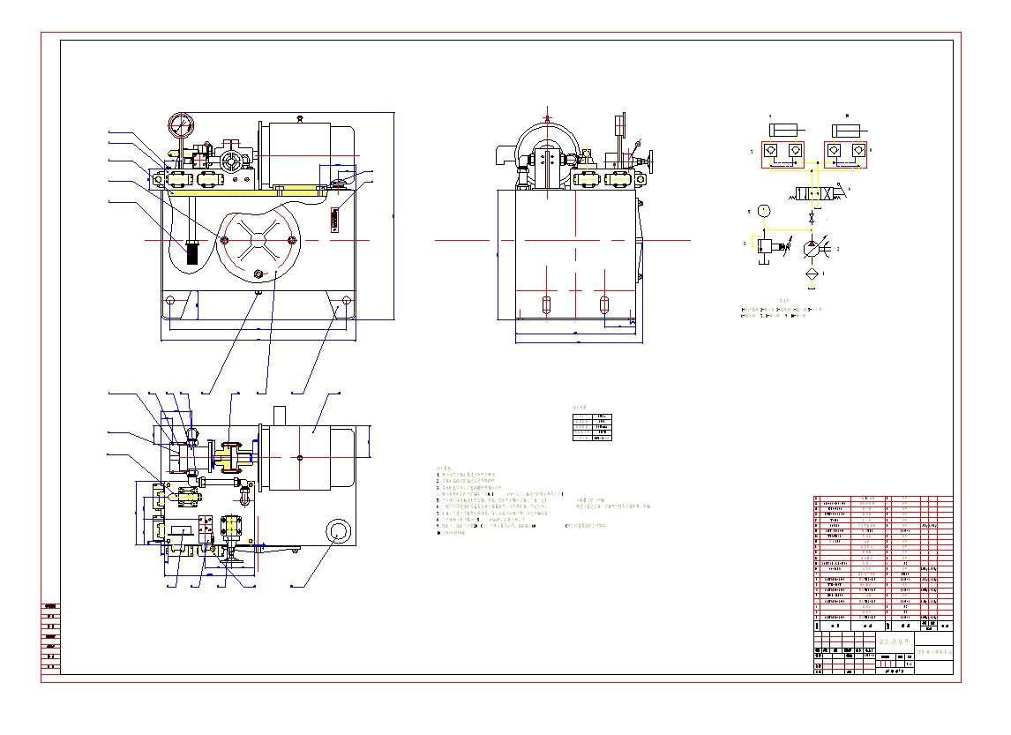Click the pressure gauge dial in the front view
(180, 125)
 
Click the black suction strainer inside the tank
(191, 253)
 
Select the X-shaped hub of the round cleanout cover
(259, 240)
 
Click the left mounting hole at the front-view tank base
(170, 301)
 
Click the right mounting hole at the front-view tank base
(346, 301)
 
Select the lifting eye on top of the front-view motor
(300, 118)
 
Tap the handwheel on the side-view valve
(654, 164)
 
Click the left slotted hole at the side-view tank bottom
(547, 305)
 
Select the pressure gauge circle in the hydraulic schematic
(764, 211)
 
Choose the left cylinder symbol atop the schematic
(783, 131)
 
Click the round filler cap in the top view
(338, 531)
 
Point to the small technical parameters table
(591, 426)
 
